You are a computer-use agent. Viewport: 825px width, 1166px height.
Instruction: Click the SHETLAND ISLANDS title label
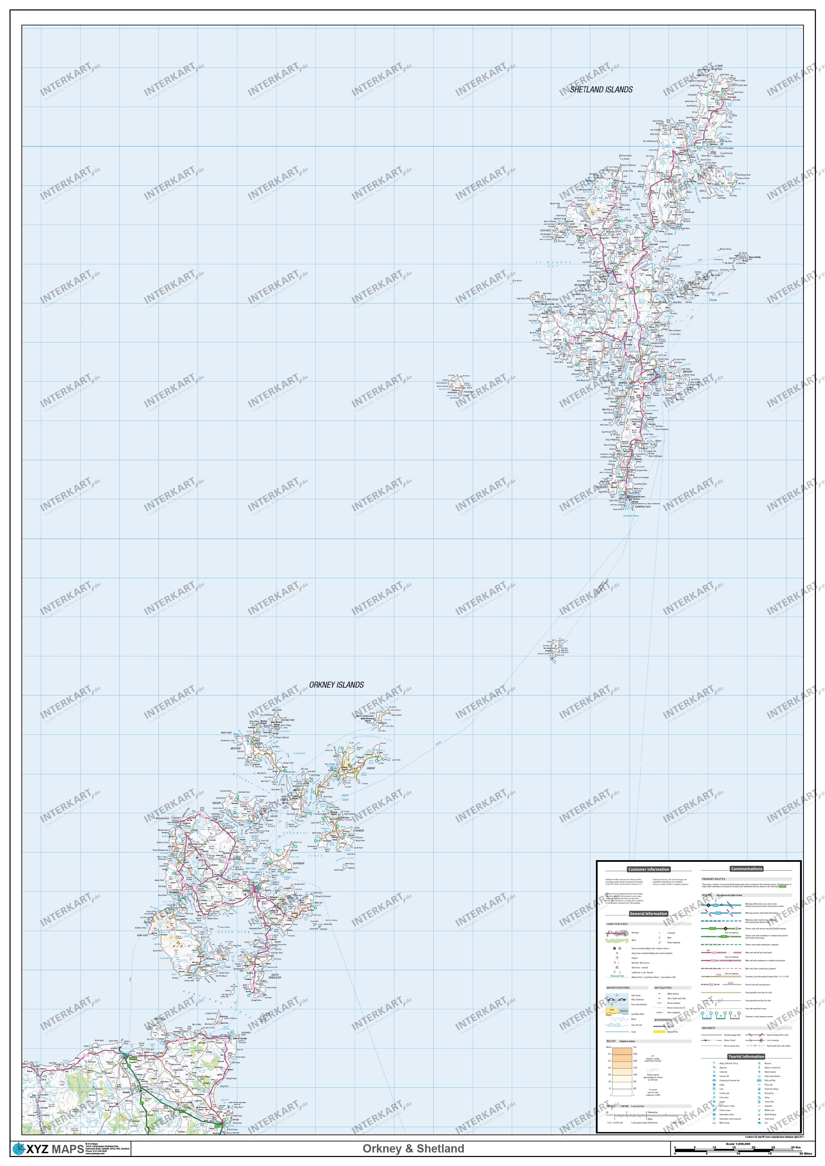(601, 89)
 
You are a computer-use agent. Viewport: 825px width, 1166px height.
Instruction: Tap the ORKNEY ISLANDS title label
(336, 685)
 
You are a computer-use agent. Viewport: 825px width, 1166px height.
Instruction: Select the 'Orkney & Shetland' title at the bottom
(413, 1148)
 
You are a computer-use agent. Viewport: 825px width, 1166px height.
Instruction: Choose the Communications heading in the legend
(746, 868)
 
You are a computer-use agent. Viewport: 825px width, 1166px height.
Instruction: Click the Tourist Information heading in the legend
(746, 1056)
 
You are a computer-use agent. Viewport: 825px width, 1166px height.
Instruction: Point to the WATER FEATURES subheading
(617, 988)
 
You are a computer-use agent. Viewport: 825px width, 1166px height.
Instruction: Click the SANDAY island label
(370, 768)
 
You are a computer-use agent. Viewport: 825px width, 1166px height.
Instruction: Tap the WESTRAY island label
(235, 748)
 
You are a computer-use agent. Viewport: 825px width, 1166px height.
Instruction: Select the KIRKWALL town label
(248, 891)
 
